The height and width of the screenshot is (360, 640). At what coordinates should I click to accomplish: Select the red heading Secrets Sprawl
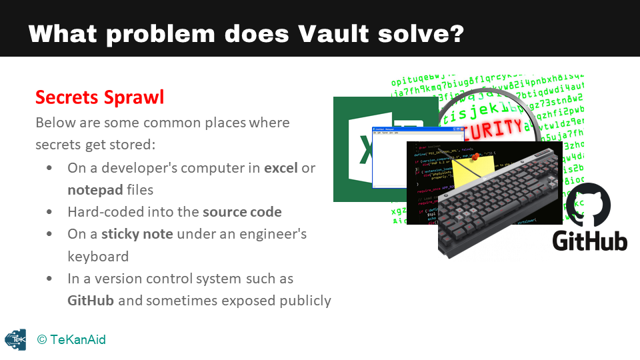(x=99, y=97)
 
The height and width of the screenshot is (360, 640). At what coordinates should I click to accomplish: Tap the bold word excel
(x=281, y=168)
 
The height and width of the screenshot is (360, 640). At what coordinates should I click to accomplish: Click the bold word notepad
(x=95, y=190)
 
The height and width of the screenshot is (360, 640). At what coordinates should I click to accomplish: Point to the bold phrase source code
(x=242, y=212)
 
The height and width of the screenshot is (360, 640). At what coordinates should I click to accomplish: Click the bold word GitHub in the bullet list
(x=91, y=300)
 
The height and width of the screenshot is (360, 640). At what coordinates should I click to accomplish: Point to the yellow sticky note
(x=475, y=170)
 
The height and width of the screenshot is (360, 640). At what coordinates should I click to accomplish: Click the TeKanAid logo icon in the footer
(x=15, y=340)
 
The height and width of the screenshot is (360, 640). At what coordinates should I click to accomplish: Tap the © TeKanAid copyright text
(x=71, y=340)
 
